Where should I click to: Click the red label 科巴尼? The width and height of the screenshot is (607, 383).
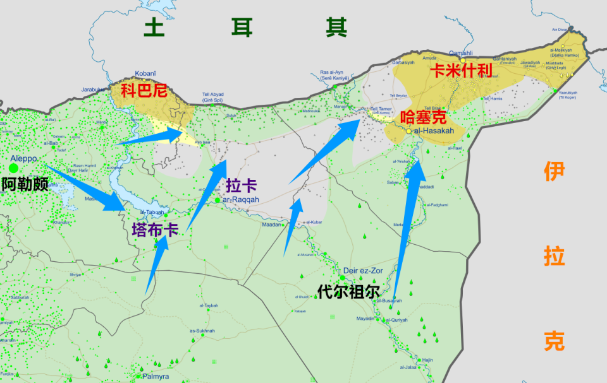click(144, 90)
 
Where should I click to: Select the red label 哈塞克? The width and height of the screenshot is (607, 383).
click(424, 117)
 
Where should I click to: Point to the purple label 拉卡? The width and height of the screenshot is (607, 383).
click(241, 186)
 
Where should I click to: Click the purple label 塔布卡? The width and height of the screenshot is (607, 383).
click(155, 229)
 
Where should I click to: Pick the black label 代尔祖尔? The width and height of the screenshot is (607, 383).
click(348, 292)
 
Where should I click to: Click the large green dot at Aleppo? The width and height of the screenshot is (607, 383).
click(13, 168)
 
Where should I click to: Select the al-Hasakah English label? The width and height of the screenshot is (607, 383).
click(434, 130)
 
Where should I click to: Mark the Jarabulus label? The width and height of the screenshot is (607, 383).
click(94, 90)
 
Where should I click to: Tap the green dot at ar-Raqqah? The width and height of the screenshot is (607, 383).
click(218, 200)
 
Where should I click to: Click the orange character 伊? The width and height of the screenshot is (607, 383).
click(553, 172)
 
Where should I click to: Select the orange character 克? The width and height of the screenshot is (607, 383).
click(554, 341)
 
